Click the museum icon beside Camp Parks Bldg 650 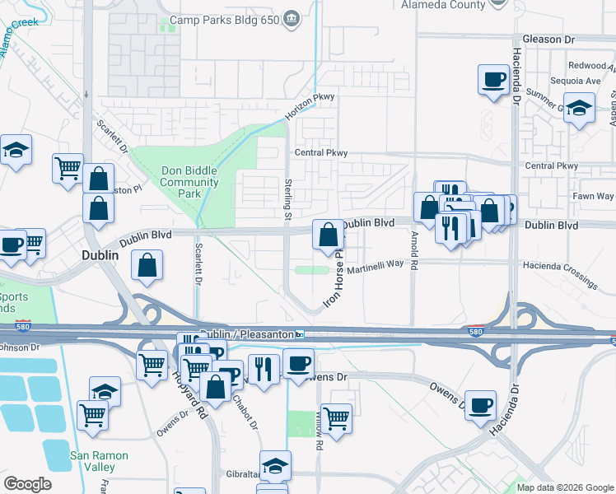291,19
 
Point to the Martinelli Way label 373,264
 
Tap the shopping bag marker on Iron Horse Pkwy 328,235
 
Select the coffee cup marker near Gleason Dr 493,80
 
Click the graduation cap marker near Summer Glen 580,109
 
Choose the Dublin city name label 100,256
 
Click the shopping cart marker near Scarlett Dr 68,169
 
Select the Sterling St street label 287,200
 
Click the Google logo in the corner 27,484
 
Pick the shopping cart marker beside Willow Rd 336,418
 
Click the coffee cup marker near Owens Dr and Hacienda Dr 480,404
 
